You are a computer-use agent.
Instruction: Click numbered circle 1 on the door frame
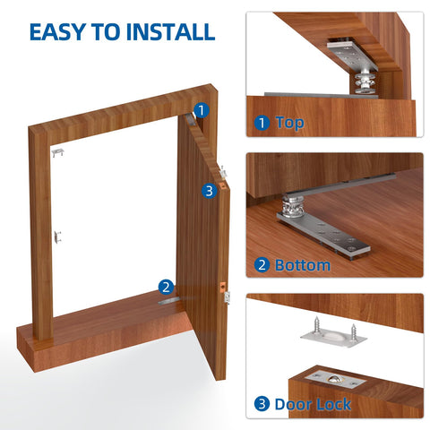(202, 110)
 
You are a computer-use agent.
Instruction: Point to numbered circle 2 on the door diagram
(166, 287)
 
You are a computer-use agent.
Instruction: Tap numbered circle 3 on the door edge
(208, 190)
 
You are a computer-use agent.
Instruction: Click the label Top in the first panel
(290, 123)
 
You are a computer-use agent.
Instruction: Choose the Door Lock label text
(314, 404)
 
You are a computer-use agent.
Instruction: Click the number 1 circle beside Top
(262, 123)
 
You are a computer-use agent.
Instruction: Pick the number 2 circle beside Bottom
(262, 264)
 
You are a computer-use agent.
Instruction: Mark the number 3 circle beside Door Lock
(262, 404)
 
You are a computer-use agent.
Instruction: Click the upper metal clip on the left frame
(57, 154)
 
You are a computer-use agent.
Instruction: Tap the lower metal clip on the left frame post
(59, 236)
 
